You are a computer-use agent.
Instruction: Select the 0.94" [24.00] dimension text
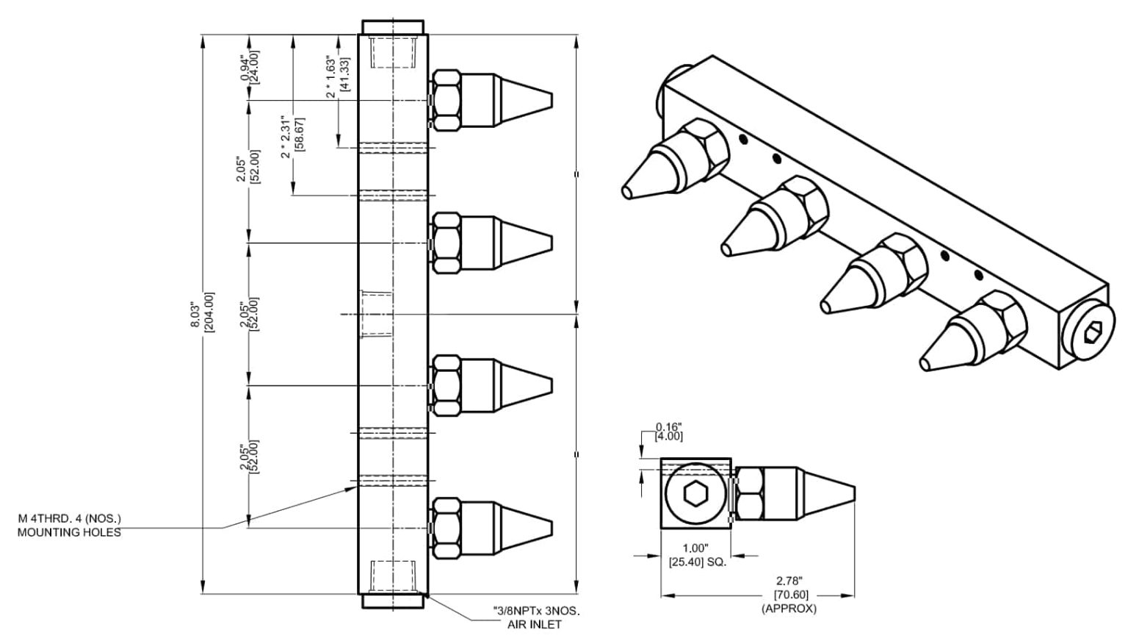point(250,67)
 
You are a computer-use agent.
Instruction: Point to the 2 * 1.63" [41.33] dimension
point(337,74)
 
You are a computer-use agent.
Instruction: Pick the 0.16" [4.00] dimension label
point(669,431)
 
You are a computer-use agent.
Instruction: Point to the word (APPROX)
point(789,609)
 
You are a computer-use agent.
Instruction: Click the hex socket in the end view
point(693,494)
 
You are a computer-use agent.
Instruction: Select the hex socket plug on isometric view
point(1088,335)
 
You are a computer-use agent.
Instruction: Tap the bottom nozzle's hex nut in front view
point(446,527)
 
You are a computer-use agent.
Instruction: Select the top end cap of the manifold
point(391,27)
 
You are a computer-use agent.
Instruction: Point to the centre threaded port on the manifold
point(376,315)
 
